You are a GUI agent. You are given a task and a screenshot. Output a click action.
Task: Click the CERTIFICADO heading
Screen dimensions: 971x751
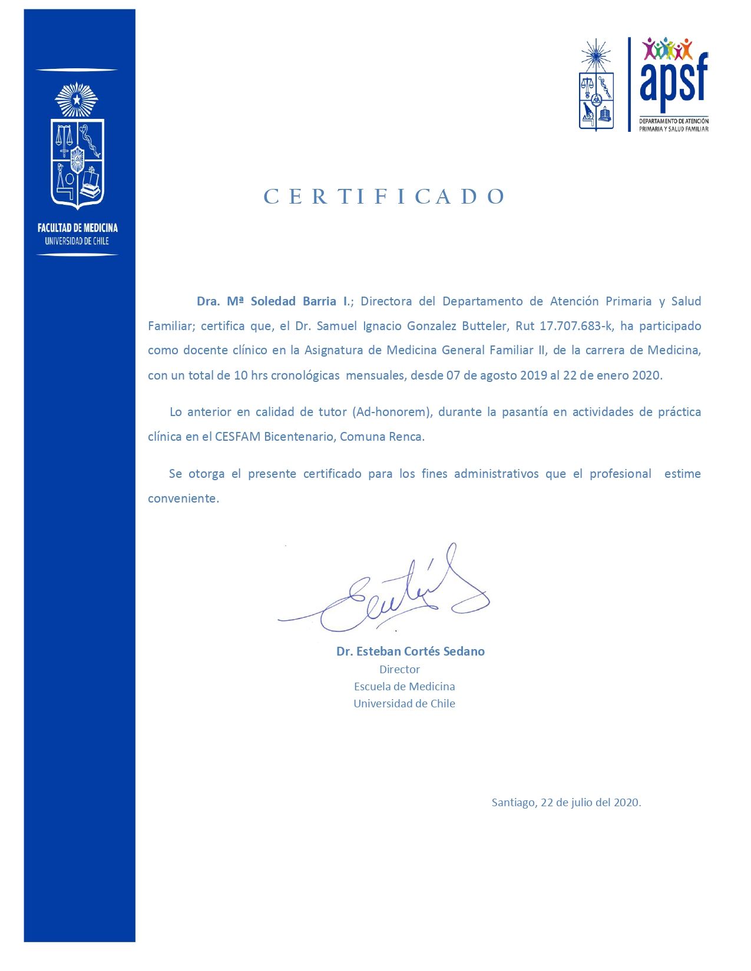click(384, 197)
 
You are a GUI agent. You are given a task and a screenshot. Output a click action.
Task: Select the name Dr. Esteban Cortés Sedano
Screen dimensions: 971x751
click(410, 651)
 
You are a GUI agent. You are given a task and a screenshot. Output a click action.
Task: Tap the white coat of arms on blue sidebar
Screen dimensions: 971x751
click(77, 147)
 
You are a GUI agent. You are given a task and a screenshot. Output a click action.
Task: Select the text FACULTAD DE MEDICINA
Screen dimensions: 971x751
click(77, 228)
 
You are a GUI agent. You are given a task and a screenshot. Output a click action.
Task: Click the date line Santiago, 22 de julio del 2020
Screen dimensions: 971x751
click(566, 803)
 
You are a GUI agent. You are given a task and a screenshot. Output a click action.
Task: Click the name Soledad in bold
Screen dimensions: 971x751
click(273, 301)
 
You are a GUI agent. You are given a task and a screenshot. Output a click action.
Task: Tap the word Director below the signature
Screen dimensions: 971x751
click(399, 669)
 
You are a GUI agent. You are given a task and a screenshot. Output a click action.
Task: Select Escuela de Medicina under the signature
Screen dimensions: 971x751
click(404, 686)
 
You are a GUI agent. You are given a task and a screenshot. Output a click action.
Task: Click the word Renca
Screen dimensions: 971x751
click(406, 437)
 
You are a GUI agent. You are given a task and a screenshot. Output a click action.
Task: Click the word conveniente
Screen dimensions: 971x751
click(183, 498)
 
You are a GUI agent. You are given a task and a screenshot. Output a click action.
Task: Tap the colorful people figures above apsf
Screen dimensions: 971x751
click(667, 48)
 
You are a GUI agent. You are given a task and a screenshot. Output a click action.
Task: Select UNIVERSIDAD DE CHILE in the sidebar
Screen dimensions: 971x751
click(77, 241)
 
